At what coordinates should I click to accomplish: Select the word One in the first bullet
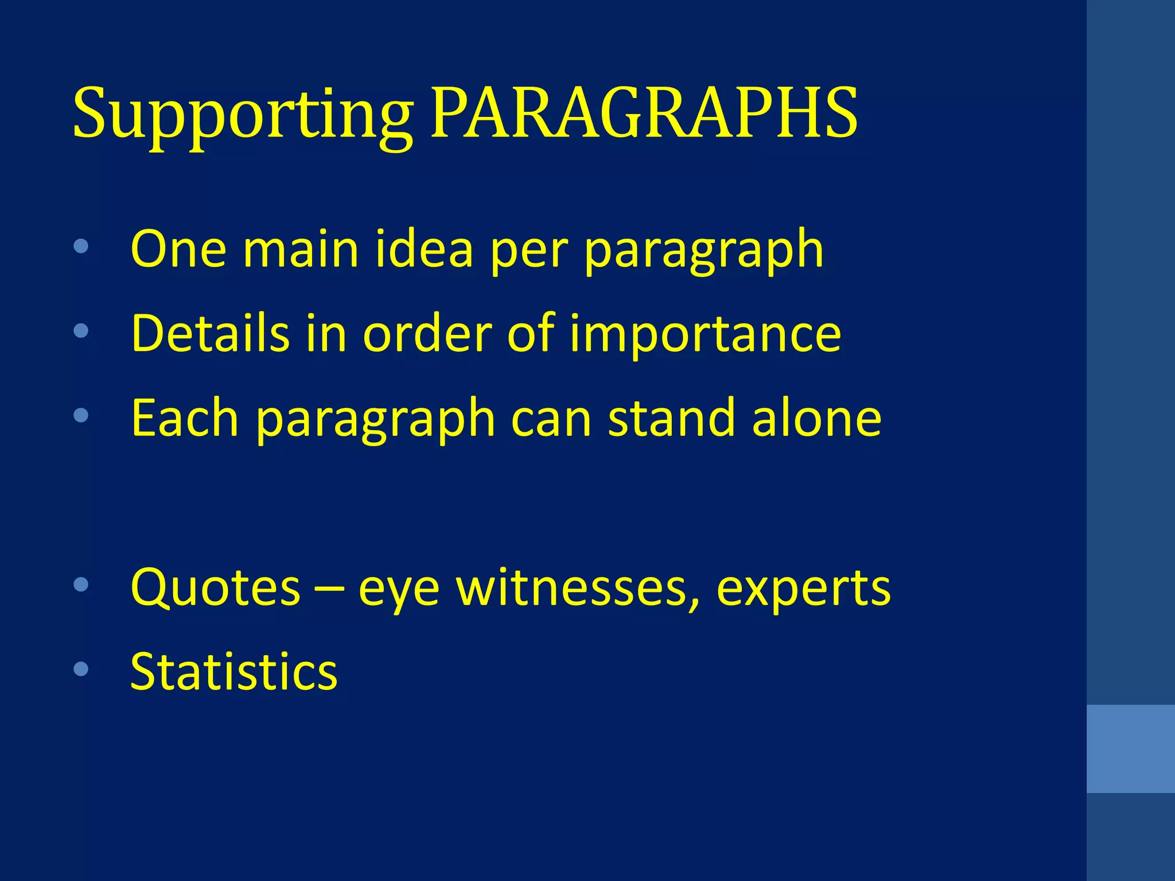pos(178,249)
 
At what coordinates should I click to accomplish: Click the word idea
pos(424,249)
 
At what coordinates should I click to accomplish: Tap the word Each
pos(184,418)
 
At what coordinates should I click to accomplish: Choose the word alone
pos(816,418)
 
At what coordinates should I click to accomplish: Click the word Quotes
pos(215,587)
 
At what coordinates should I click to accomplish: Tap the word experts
pos(803,588)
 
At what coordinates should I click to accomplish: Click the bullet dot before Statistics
pos(81,669)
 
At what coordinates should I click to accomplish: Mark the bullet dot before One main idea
pos(81,247)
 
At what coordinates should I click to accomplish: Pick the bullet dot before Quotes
pos(81,584)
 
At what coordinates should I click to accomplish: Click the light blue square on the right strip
pos(1130,749)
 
